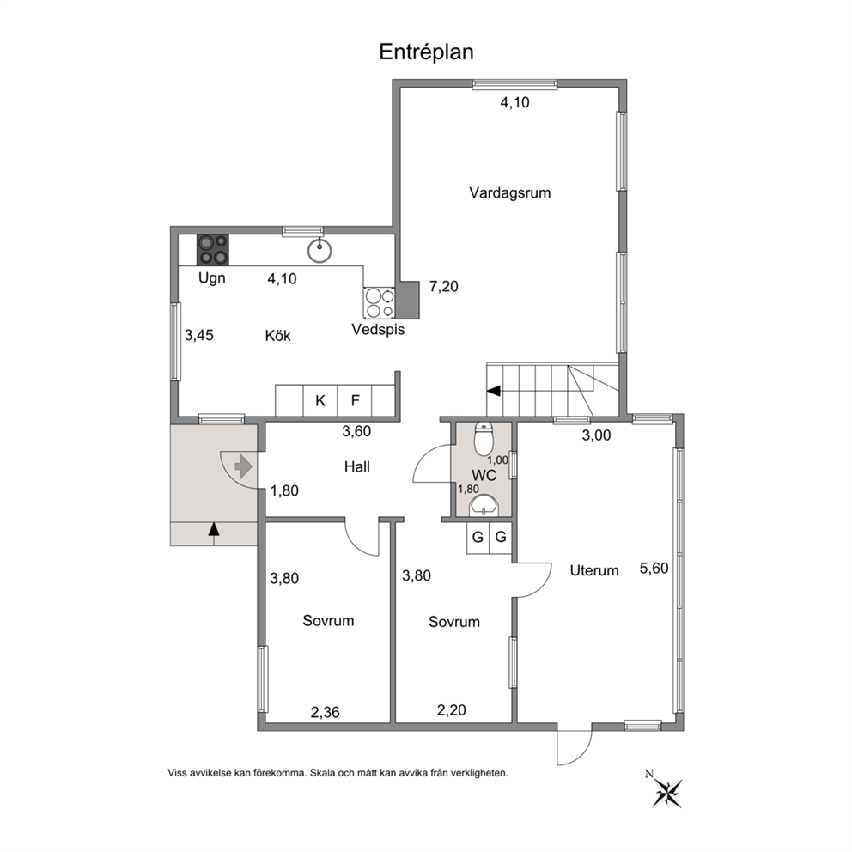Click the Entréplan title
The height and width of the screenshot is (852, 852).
click(x=426, y=52)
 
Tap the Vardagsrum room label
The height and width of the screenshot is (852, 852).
click(x=509, y=193)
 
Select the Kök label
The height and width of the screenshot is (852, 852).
click(x=277, y=335)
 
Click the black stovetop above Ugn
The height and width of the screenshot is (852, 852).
click(x=212, y=250)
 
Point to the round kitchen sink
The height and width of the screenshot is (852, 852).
click(x=319, y=251)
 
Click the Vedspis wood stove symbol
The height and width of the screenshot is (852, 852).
click(x=380, y=302)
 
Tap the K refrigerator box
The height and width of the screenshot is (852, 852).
click(x=320, y=401)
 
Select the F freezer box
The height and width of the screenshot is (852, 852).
click(x=355, y=401)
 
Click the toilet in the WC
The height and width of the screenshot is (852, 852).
click(x=484, y=439)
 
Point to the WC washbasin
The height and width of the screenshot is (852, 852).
click(x=484, y=505)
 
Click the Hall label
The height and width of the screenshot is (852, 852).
click(x=357, y=466)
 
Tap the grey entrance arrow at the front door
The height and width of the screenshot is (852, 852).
click(x=243, y=466)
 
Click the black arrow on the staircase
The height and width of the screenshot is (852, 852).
click(x=494, y=391)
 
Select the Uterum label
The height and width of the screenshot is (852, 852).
click(x=593, y=570)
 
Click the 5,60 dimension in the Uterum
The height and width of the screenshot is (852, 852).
click(x=654, y=569)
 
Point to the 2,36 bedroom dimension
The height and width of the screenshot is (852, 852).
click(x=325, y=712)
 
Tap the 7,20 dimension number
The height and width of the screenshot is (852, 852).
click(x=444, y=286)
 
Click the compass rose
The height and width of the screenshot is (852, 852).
click(x=666, y=792)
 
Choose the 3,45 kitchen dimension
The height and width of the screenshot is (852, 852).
click(x=199, y=335)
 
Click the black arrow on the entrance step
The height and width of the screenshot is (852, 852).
click(x=214, y=529)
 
